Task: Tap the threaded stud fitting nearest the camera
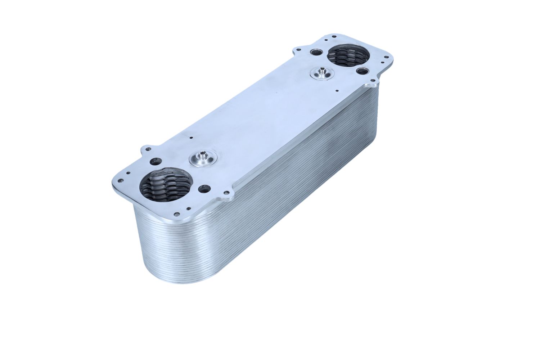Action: point(203,158)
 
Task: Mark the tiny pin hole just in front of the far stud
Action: point(336,91)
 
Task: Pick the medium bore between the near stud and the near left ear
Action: point(156,162)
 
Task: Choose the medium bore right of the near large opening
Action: point(204,188)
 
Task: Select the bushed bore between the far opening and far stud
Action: point(361,71)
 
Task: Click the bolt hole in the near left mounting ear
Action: point(147,149)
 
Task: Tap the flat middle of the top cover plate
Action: point(259,115)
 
